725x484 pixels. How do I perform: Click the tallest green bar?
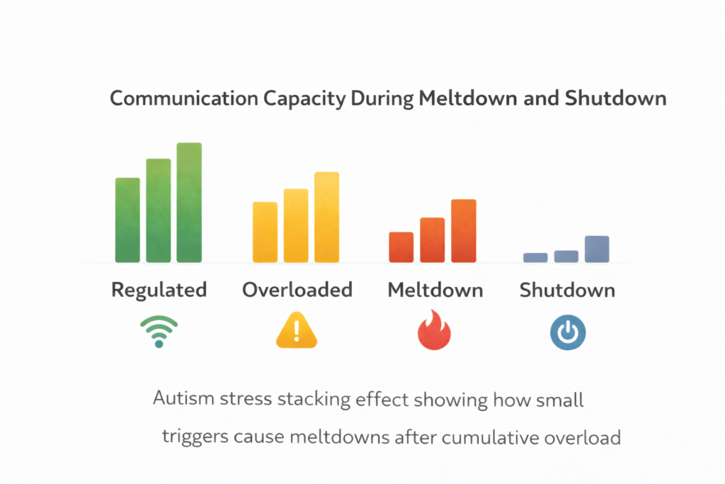pyautogui.click(x=189, y=203)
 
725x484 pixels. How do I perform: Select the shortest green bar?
pyautogui.click(x=127, y=220)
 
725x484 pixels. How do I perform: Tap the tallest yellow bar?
pyautogui.click(x=326, y=217)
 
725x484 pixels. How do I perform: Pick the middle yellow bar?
pyautogui.click(x=296, y=225)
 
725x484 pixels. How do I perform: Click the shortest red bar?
pyautogui.click(x=401, y=247)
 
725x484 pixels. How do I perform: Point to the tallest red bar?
pyautogui.click(x=464, y=231)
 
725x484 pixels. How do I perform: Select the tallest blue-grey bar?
pyautogui.click(x=597, y=249)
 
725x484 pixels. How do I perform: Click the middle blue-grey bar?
pyautogui.click(x=566, y=257)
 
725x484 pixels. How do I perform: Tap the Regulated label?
pyautogui.click(x=159, y=290)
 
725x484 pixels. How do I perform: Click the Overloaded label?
pyautogui.click(x=297, y=290)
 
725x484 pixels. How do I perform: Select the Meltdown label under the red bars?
pyautogui.click(x=435, y=290)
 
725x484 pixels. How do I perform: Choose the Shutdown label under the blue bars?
pyautogui.click(x=567, y=290)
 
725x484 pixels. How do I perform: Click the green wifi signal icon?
pyautogui.click(x=159, y=332)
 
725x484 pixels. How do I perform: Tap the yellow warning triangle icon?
pyautogui.click(x=296, y=332)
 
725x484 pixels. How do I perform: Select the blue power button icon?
pyautogui.click(x=568, y=332)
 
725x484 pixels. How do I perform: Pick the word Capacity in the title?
pyautogui.click(x=304, y=99)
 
